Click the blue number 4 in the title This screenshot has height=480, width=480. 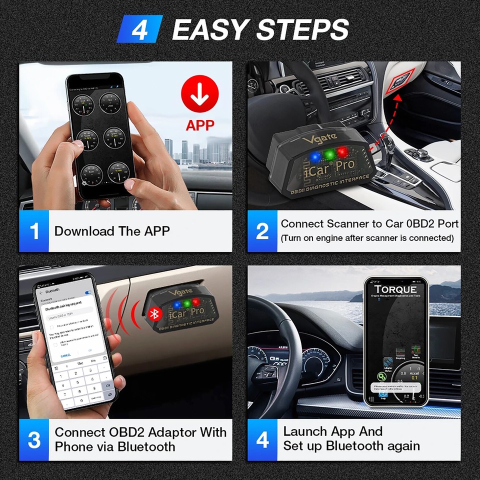pyautogui.click(x=139, y=29)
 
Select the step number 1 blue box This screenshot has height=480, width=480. pyautogui.click(x=34, y=231)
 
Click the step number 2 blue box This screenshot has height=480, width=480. pyautogui.click(x=262, y=231)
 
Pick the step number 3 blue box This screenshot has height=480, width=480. pyautogui.click(x=34, y=439)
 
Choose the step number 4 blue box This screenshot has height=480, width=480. pyautogui.click(x=262, y=439)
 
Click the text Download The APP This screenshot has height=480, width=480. pyautogui.click(x=112, y=231)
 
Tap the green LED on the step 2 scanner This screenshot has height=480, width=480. pyautogui.click(x=328, y=154)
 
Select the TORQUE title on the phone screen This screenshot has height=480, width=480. pyautogui.click(x=395, y=289)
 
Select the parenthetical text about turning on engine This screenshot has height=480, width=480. pyautogui.click(x=367, y=238)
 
